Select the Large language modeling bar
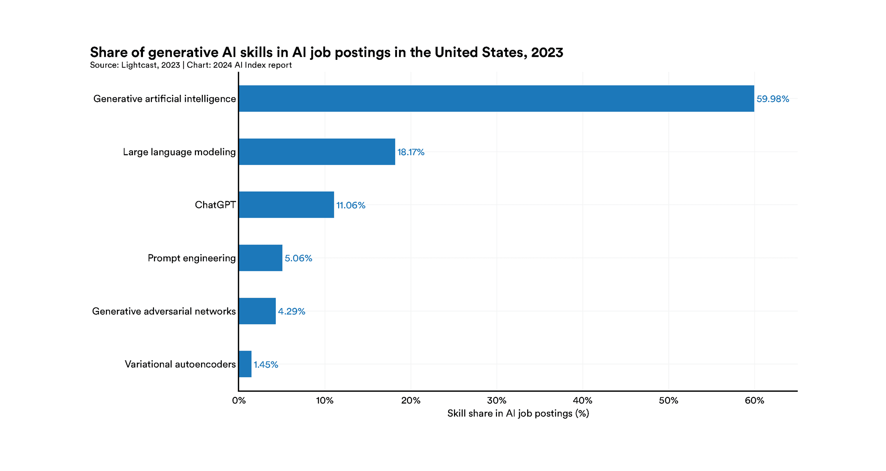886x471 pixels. point(317,152)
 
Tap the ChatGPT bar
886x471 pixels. point(286,205)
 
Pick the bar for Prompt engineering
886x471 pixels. point(261,258)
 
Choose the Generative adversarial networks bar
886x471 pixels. point(257,311)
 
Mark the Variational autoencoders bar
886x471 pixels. point(245,364)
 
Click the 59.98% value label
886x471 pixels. point(772,99)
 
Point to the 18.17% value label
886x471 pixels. point(410,152)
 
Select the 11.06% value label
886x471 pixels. point(351,205)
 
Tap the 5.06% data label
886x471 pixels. point(298,258)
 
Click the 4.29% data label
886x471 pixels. point(291,311)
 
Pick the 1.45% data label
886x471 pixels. point(266,364)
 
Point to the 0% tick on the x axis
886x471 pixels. point(239,400)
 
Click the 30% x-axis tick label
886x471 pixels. point(497,400)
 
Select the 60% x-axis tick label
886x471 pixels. point(754,400)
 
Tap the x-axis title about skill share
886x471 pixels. point(518,413)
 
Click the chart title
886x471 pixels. point(326,52)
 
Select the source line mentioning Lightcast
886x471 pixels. point(191,65)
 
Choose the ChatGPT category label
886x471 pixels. point(215,205)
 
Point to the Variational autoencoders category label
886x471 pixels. point(180,364)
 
